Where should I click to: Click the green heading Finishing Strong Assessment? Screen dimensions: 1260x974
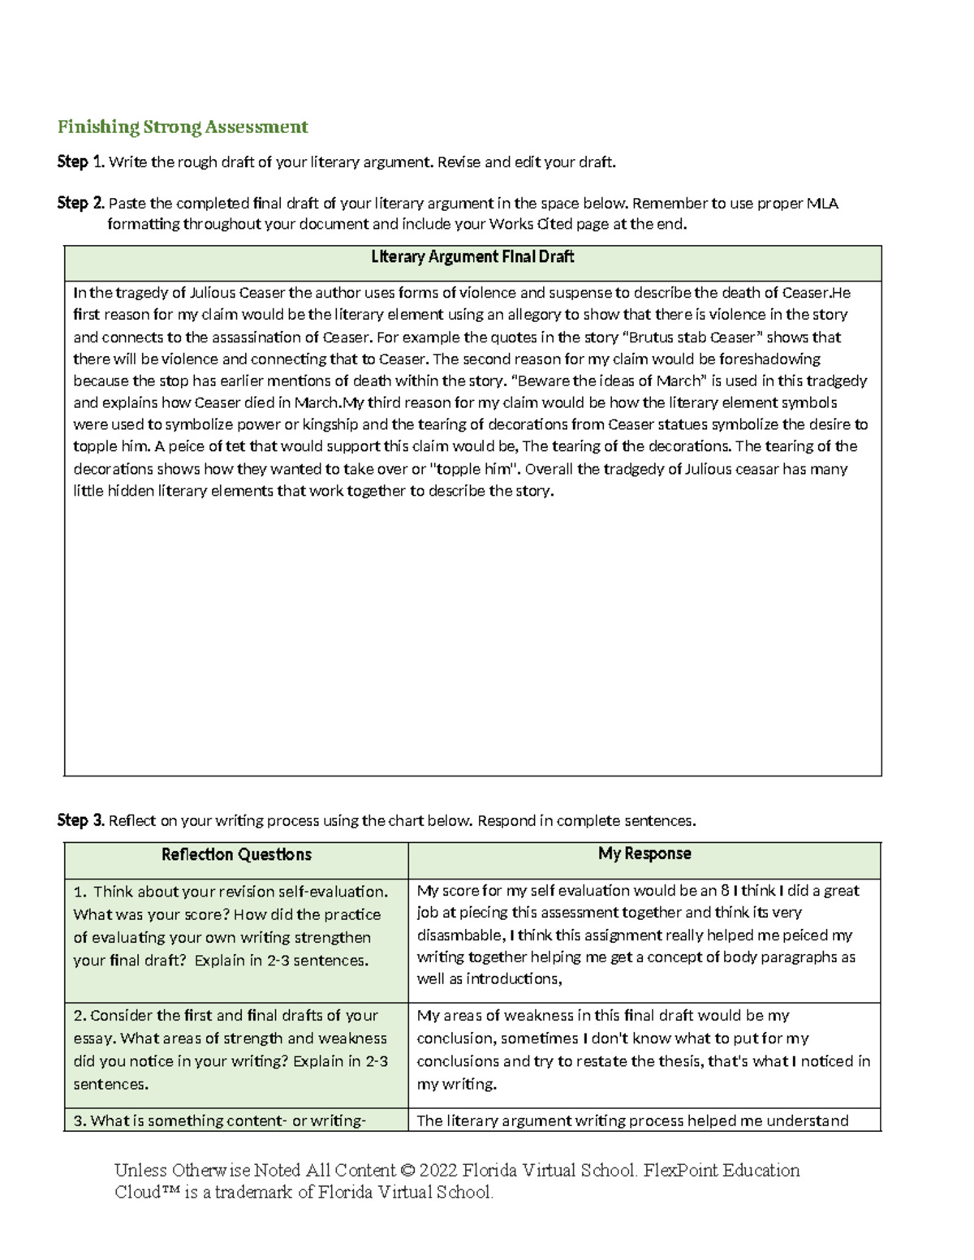point(183,127)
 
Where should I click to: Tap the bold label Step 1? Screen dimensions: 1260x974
point(80,162)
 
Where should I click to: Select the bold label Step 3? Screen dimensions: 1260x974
point(80,820)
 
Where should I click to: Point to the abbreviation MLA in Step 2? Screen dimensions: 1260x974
point(821,203)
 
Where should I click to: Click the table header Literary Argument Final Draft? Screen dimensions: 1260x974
point(472,257)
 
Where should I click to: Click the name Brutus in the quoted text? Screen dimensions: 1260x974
point(654,337)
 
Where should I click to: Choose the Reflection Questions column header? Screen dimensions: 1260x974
point(236,854)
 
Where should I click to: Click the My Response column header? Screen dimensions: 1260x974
point(644,854)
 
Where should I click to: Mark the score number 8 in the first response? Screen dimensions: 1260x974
point(725,891)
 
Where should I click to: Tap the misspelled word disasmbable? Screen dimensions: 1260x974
point(459,935)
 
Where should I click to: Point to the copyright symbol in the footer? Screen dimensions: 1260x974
point(407,1171)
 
